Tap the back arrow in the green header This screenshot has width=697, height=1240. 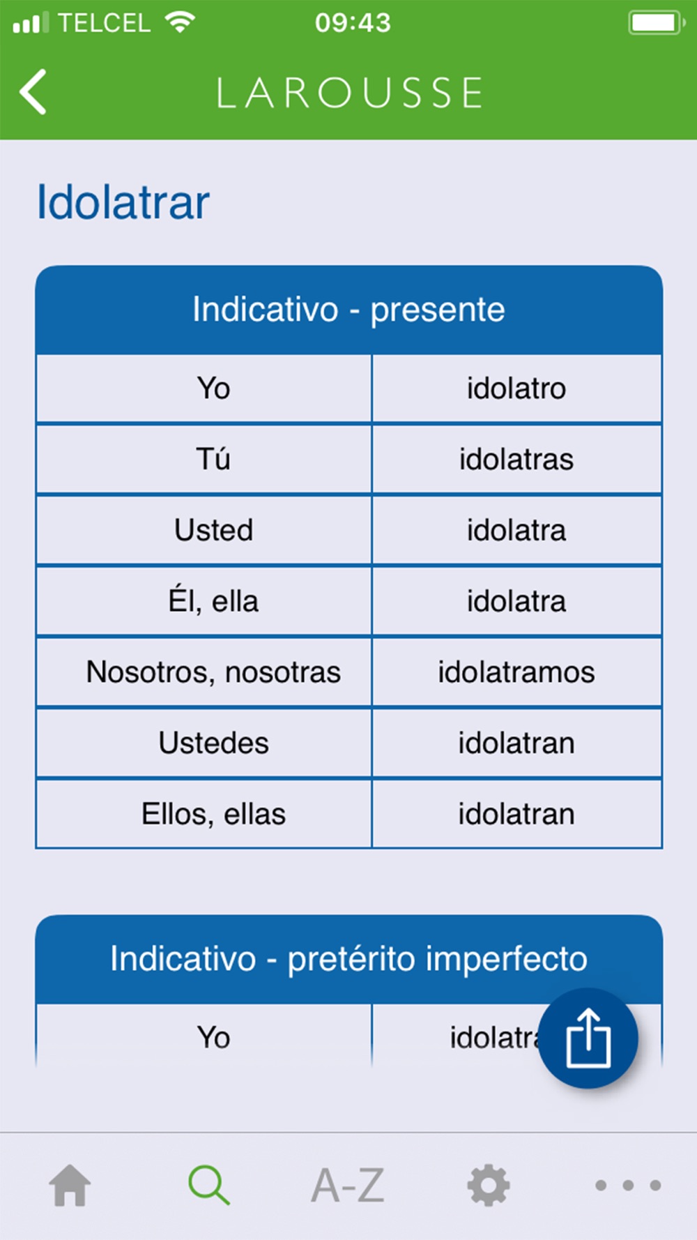(33, 91)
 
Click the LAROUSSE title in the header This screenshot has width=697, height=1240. (349, 93)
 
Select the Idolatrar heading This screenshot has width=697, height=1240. (123, 202)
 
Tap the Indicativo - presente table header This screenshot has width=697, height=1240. (348, 310)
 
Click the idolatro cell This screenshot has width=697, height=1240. (516, 388)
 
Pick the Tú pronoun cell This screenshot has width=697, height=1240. (213, 460)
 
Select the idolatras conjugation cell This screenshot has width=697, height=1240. (516, 460)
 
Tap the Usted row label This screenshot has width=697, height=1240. (213, 530)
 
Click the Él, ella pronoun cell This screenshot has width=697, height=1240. (213, 601)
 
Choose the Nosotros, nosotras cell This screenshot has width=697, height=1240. (213, 672)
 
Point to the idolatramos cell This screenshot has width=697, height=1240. (516, 672)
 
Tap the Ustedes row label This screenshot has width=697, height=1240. (213, 743)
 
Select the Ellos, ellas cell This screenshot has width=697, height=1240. (213, 814)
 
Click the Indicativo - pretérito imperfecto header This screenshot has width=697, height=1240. (348, 959)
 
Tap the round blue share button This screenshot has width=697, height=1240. (588, 1038)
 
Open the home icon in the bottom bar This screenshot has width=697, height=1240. (70, 1185)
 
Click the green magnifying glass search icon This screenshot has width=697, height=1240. (209, 1185)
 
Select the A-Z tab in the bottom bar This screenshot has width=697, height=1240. (348, 1185)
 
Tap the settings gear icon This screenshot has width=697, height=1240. (488, 1185)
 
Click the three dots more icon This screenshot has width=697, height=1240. (628, 1185)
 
